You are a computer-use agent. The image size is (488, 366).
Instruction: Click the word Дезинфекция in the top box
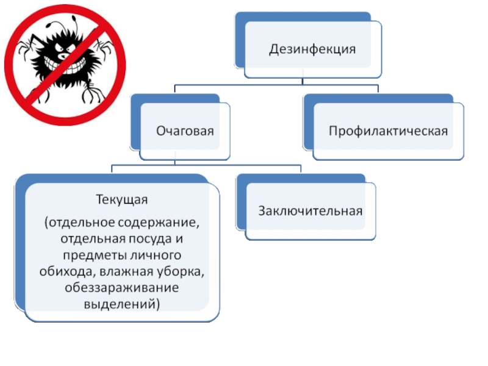(x=312, y=49)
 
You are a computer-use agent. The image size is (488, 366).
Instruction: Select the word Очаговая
(x=185, y=131)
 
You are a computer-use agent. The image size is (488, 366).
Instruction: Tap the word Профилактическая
(x=389, y=131)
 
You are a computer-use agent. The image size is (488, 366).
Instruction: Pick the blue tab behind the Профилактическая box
(x=309, y=122)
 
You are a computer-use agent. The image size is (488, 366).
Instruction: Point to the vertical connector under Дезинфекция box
(x=303, y=81)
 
